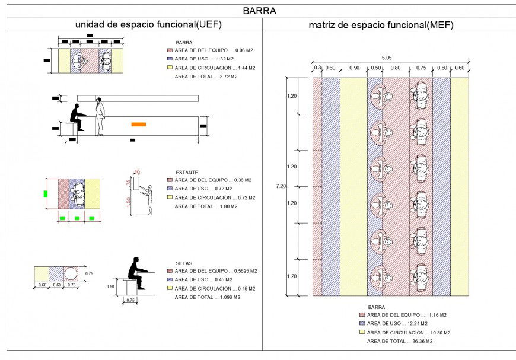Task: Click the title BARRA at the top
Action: pos(259,11)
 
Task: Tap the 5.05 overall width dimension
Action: pos(387,58)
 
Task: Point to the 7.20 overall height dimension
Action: pos(281,186)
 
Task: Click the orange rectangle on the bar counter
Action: pos(139,124)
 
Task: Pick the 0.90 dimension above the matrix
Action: pos(354,68)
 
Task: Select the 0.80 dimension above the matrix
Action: pos(396,68)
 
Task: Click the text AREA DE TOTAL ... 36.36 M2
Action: pos(400,342)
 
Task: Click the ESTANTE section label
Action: pos(186,172)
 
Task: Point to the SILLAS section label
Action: pos(184,263)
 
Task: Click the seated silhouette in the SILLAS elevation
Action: pos(136,272)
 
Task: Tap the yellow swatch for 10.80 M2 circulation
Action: pos(362,333)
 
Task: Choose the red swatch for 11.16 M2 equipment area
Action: pos(362,315)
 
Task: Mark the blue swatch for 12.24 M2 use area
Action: pos(362,324)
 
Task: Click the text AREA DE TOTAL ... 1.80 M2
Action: pos(206,206)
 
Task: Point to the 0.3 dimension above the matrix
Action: pos(317,68)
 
